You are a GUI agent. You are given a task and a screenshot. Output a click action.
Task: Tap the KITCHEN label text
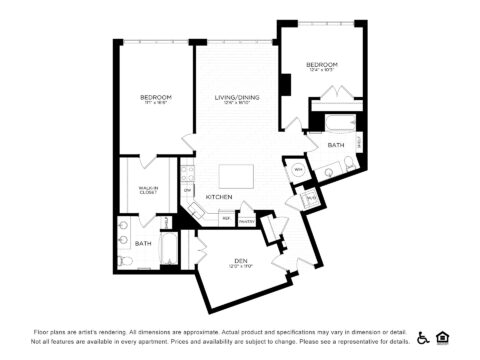point(219,197)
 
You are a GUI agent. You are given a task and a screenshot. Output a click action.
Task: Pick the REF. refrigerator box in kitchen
point(226,218)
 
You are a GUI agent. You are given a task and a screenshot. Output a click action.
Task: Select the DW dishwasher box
point(187,189)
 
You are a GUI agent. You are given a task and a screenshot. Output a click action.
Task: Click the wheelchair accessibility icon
point(423,337)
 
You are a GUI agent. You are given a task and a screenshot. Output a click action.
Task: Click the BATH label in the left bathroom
point(143,243)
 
